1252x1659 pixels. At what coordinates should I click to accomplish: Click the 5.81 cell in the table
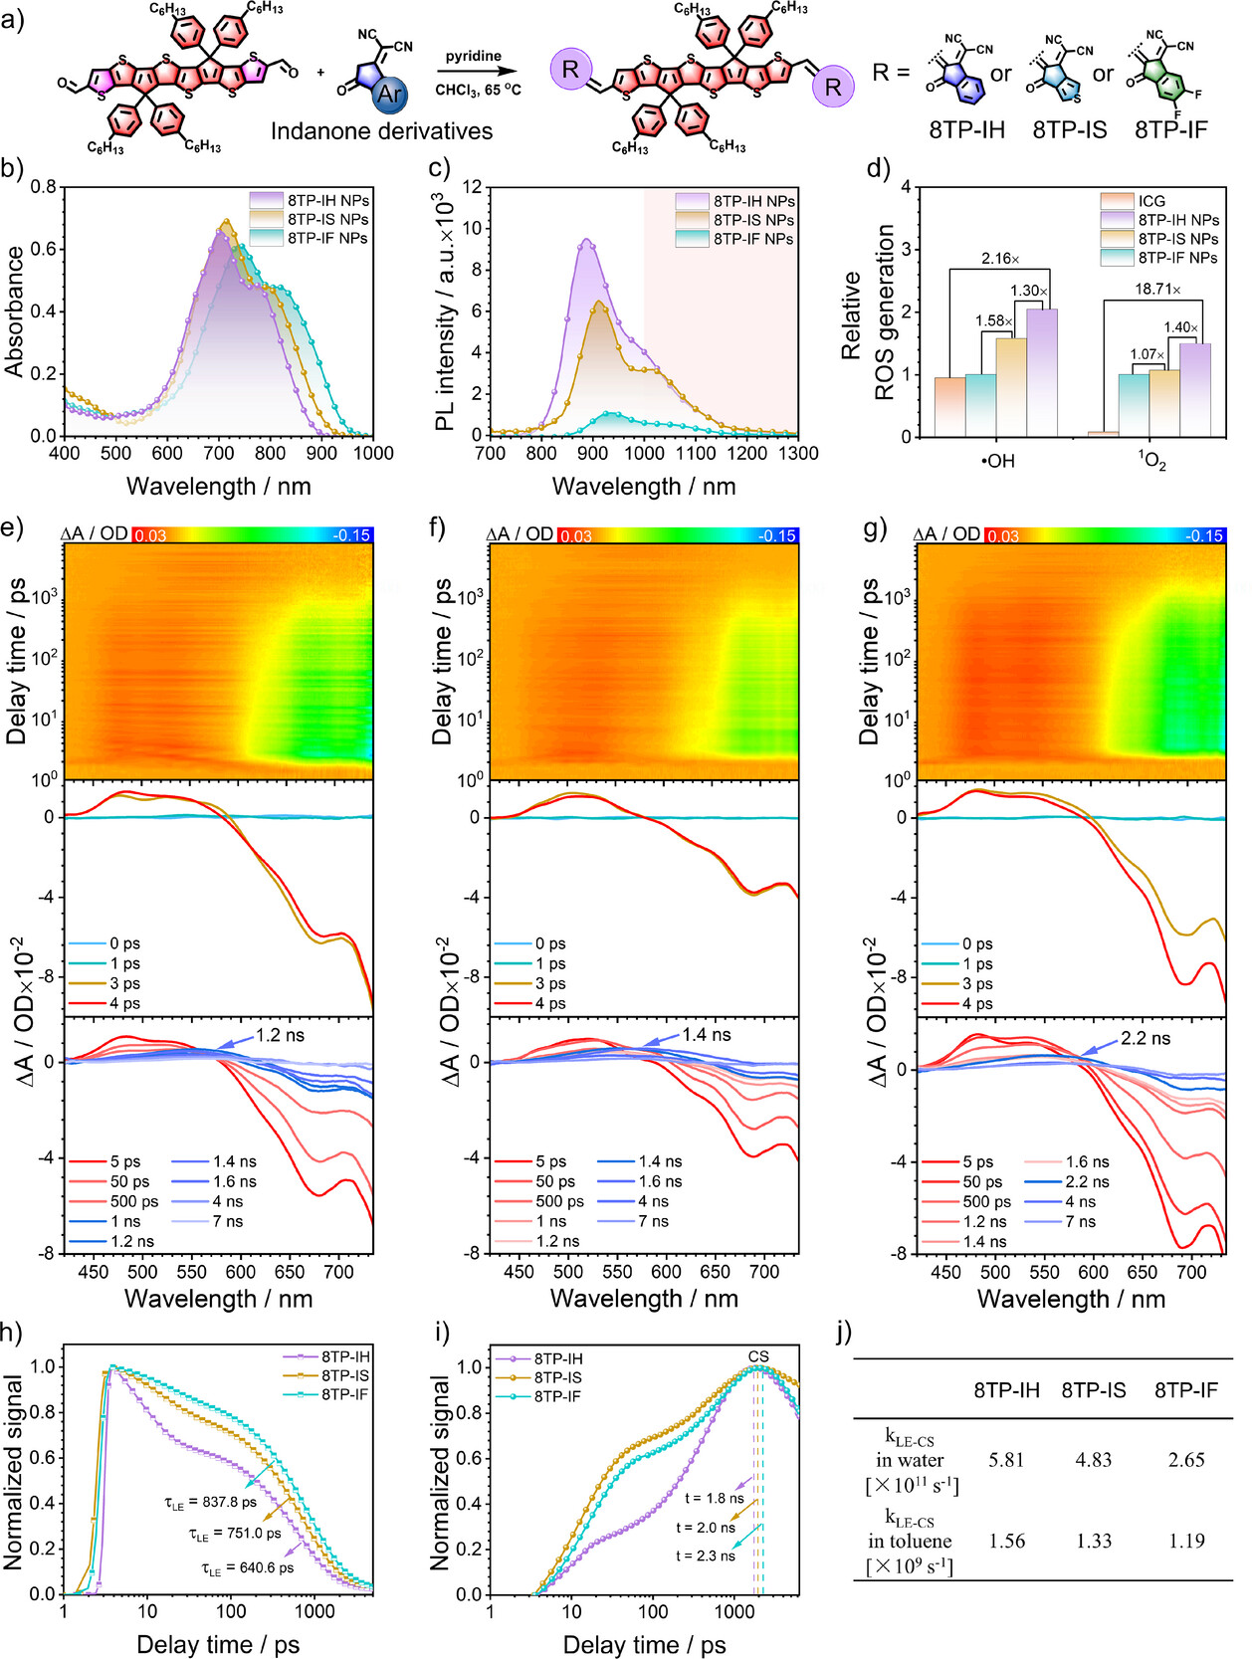pos(1006,1460)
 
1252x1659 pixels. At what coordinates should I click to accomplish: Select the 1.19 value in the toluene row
pos(1185,1541)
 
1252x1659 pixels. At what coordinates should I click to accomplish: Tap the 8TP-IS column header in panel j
pos(1093,1390)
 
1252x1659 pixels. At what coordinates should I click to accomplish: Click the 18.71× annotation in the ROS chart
pos(1155,289)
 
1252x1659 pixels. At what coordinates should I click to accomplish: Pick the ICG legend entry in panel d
pos(1151,201)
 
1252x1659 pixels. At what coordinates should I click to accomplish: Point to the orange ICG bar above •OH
pos(949,406)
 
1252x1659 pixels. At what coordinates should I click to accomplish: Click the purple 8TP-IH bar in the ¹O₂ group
pos(1195,389)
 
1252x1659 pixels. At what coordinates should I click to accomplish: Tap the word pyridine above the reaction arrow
pos(474,56)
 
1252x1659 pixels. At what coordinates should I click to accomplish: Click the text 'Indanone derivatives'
pos(381,130)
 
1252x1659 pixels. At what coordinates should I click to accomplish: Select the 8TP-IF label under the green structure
pos(1171,129)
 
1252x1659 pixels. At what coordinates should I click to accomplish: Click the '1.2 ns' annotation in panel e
pos(280,1035)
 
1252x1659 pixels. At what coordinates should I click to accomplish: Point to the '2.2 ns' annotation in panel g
pos(1146,1038)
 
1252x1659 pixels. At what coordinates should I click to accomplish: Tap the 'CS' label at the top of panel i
pos(758,1356)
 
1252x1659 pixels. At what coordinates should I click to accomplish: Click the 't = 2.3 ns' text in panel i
pos(706,1555)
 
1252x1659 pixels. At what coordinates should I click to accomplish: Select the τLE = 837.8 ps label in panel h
pos(210,1502)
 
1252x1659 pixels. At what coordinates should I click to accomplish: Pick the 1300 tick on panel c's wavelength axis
pos(797,453)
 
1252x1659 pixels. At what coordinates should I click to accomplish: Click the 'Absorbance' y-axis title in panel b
pos(14,311)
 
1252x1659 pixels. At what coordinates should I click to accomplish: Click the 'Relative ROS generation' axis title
pos(866,312)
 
